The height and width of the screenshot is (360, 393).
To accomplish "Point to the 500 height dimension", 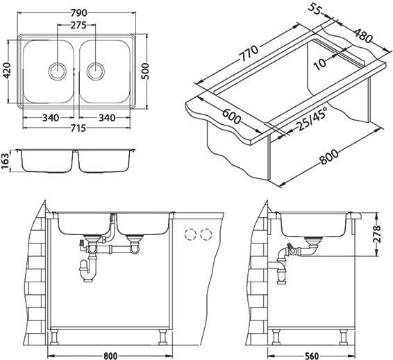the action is (x=145, y=71).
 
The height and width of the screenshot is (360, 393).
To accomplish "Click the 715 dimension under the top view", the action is (x=77, y=128).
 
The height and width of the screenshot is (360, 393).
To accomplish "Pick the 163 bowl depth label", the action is (x=6, y=162).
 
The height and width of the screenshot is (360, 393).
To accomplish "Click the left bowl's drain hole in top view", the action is (x=58, y=71).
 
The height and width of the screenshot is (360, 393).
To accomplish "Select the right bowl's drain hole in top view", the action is (x=95, y=71).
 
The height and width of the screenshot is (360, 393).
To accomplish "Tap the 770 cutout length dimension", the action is (x=249, y=53).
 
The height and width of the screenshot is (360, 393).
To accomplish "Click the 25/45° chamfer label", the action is (x=312, y=119).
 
